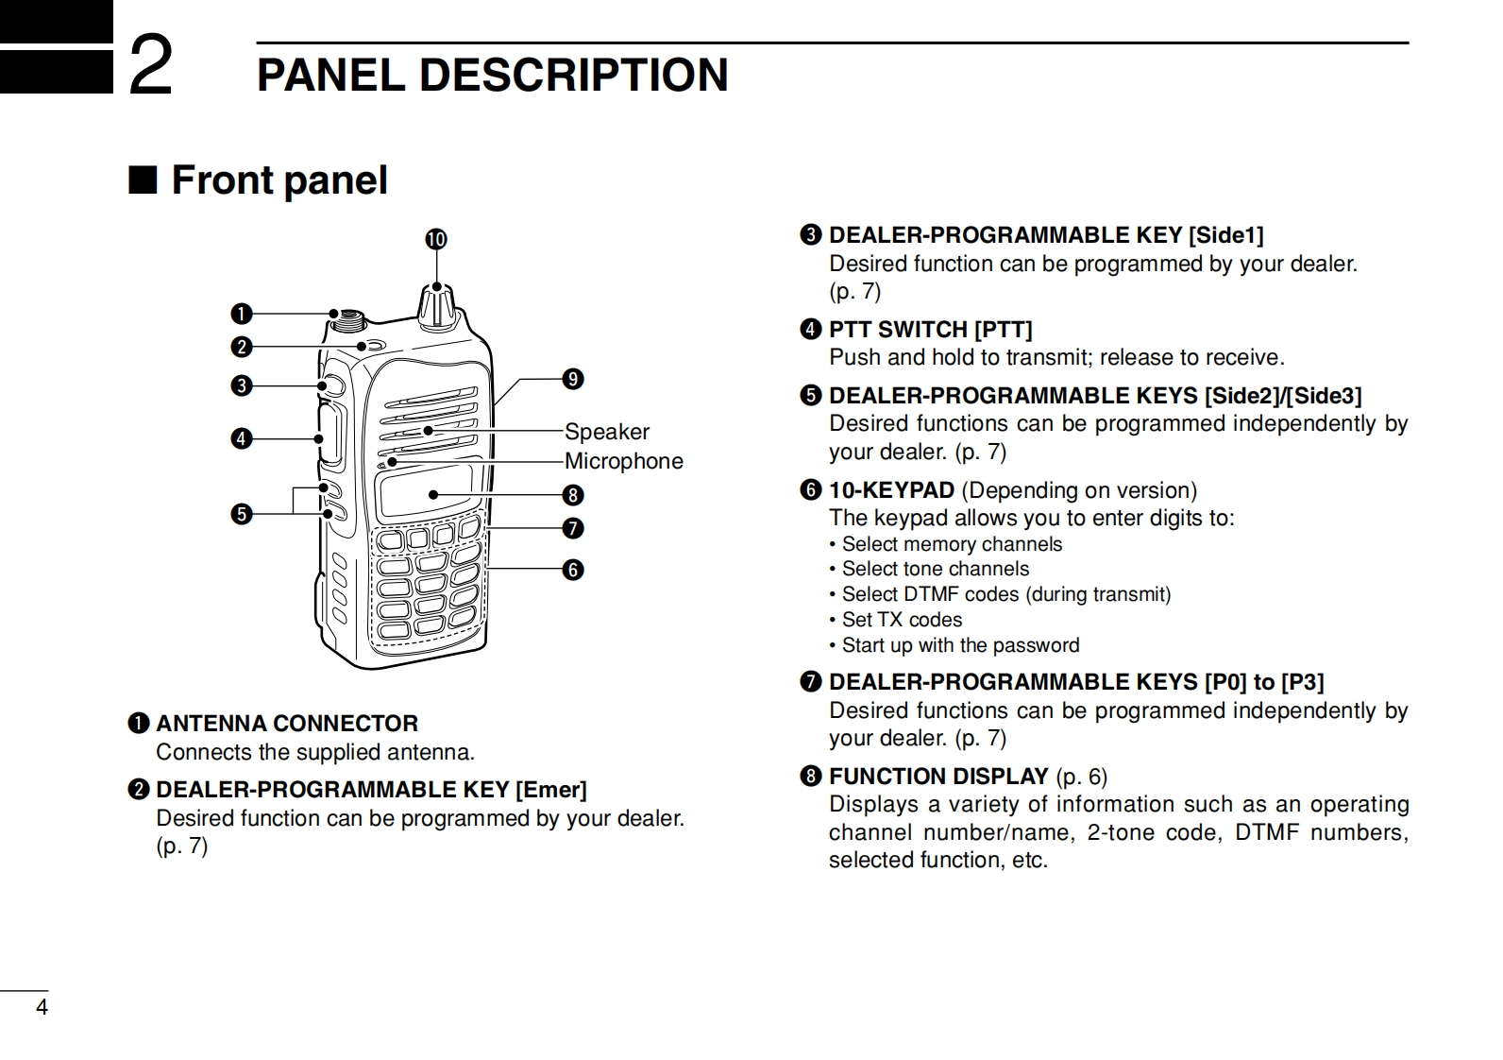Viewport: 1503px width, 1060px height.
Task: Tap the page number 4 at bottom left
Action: (42, 1007)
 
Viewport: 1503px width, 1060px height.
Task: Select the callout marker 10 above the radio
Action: (435, 239)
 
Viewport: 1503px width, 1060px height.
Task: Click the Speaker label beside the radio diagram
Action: (607, 432)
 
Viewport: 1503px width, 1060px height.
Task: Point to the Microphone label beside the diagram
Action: (623, 461)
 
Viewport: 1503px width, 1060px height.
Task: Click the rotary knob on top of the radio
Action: (437, 305)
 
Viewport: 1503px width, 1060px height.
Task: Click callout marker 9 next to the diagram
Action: (573, 380)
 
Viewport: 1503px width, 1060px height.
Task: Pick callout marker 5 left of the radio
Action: (243, 514)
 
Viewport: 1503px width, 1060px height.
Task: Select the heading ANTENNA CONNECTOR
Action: (286, 724)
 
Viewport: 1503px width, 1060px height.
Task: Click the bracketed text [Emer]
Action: (550, 790)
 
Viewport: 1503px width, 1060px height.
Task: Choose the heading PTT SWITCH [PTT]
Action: (930, 330)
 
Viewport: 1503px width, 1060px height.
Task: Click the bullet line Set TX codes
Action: (901, 620)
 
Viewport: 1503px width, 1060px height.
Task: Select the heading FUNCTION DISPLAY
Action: (937, 777)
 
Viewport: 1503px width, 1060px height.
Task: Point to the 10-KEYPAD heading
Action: (891, 490)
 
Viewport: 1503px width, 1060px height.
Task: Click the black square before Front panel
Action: (142, 180)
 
